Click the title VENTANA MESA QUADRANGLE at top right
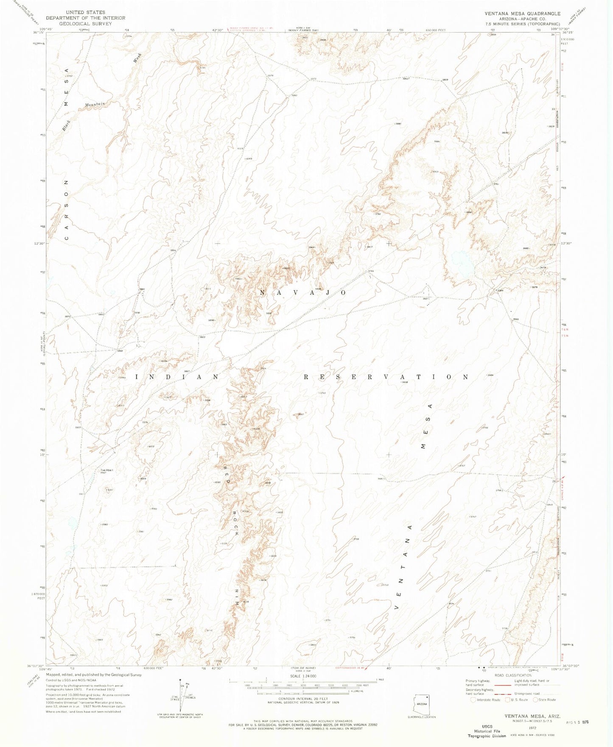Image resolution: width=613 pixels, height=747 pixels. click(x=523, y=14)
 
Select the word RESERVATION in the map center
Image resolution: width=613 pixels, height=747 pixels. click(x=386, y=377)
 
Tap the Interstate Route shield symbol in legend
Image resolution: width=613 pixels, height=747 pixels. click(x=473, y=700)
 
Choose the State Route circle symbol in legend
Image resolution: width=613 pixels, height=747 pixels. click(x=536, y=700)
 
